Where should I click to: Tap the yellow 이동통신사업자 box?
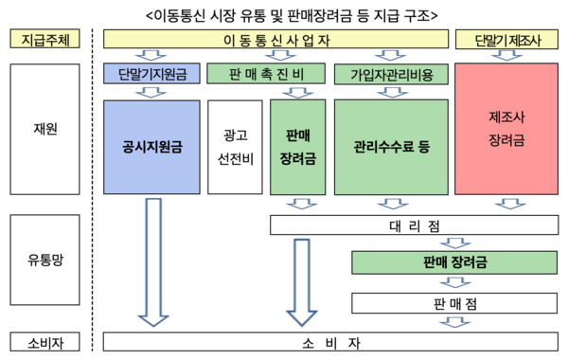click(x=275, y=41)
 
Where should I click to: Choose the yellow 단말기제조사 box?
click(x=506, y=41)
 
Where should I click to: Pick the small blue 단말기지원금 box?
click(x=151, y=74)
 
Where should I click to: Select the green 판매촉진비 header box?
click(x=265, y=74)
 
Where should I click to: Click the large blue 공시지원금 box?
click(x=151, y=148)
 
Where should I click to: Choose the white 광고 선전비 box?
click(x=236, y=148)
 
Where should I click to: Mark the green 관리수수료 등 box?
click(x=391, y=148)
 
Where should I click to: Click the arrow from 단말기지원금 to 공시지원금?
click(x=151, y=92)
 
